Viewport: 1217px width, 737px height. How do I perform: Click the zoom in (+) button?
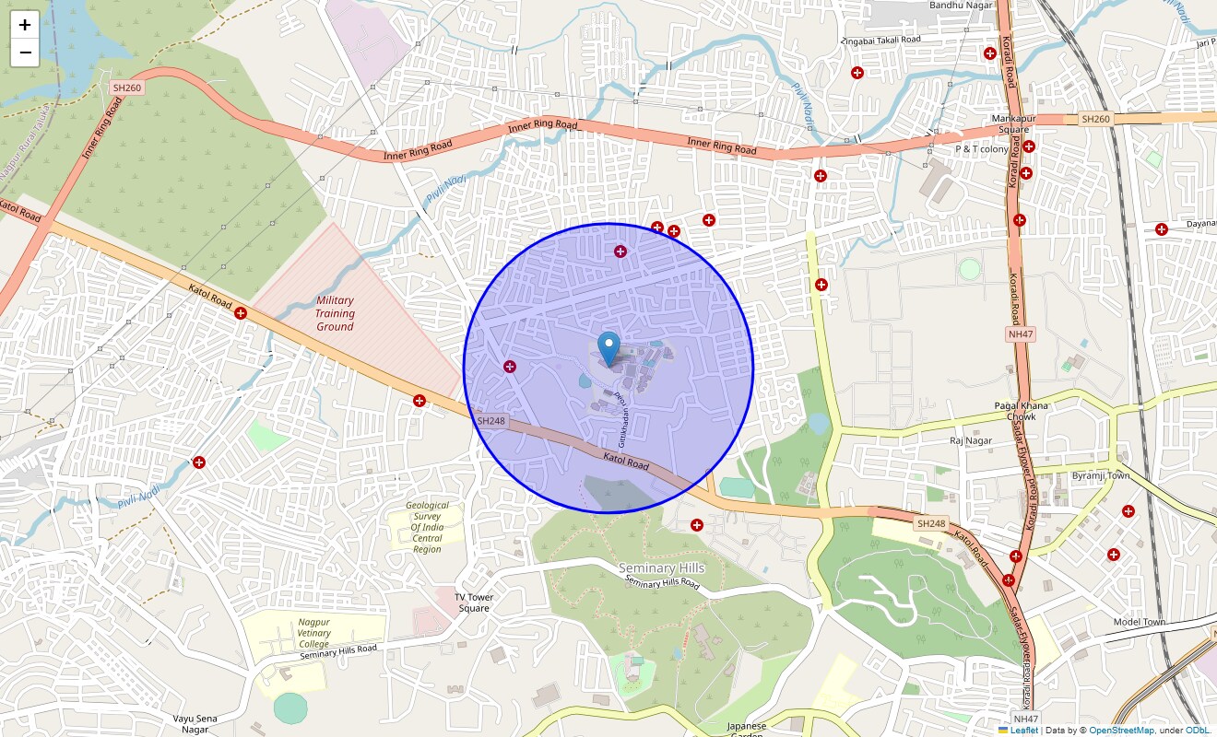tap(25, 26)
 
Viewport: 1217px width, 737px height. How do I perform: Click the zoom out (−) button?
tap(25, 53)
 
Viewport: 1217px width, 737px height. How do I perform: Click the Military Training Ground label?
tap(335, 313)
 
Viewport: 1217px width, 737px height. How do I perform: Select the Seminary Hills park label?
tap(661, 567)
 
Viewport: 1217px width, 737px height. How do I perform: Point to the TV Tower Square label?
tap(474, 602)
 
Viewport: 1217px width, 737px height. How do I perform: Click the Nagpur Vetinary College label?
tap(313, 633)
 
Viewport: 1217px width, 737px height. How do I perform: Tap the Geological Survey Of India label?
tap(427, 527)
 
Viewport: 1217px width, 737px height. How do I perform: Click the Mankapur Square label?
tap(1010, 124)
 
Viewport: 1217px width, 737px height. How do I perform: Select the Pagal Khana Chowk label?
tap(1022, 411)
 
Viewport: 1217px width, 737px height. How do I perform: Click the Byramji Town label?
tap(1101, 475)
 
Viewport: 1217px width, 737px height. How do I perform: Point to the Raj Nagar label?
tap(971, 441)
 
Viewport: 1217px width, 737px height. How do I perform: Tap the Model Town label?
tap(1139, 622)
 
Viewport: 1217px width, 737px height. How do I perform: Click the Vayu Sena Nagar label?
tap(195, 723)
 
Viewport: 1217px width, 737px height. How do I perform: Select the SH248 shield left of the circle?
tap(491, 421)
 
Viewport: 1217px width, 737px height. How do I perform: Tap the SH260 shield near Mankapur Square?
tap(1095, 119)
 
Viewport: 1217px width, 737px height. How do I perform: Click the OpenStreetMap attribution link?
tap(1120, 731)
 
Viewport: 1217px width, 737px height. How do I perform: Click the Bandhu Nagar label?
tap(960, 6)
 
